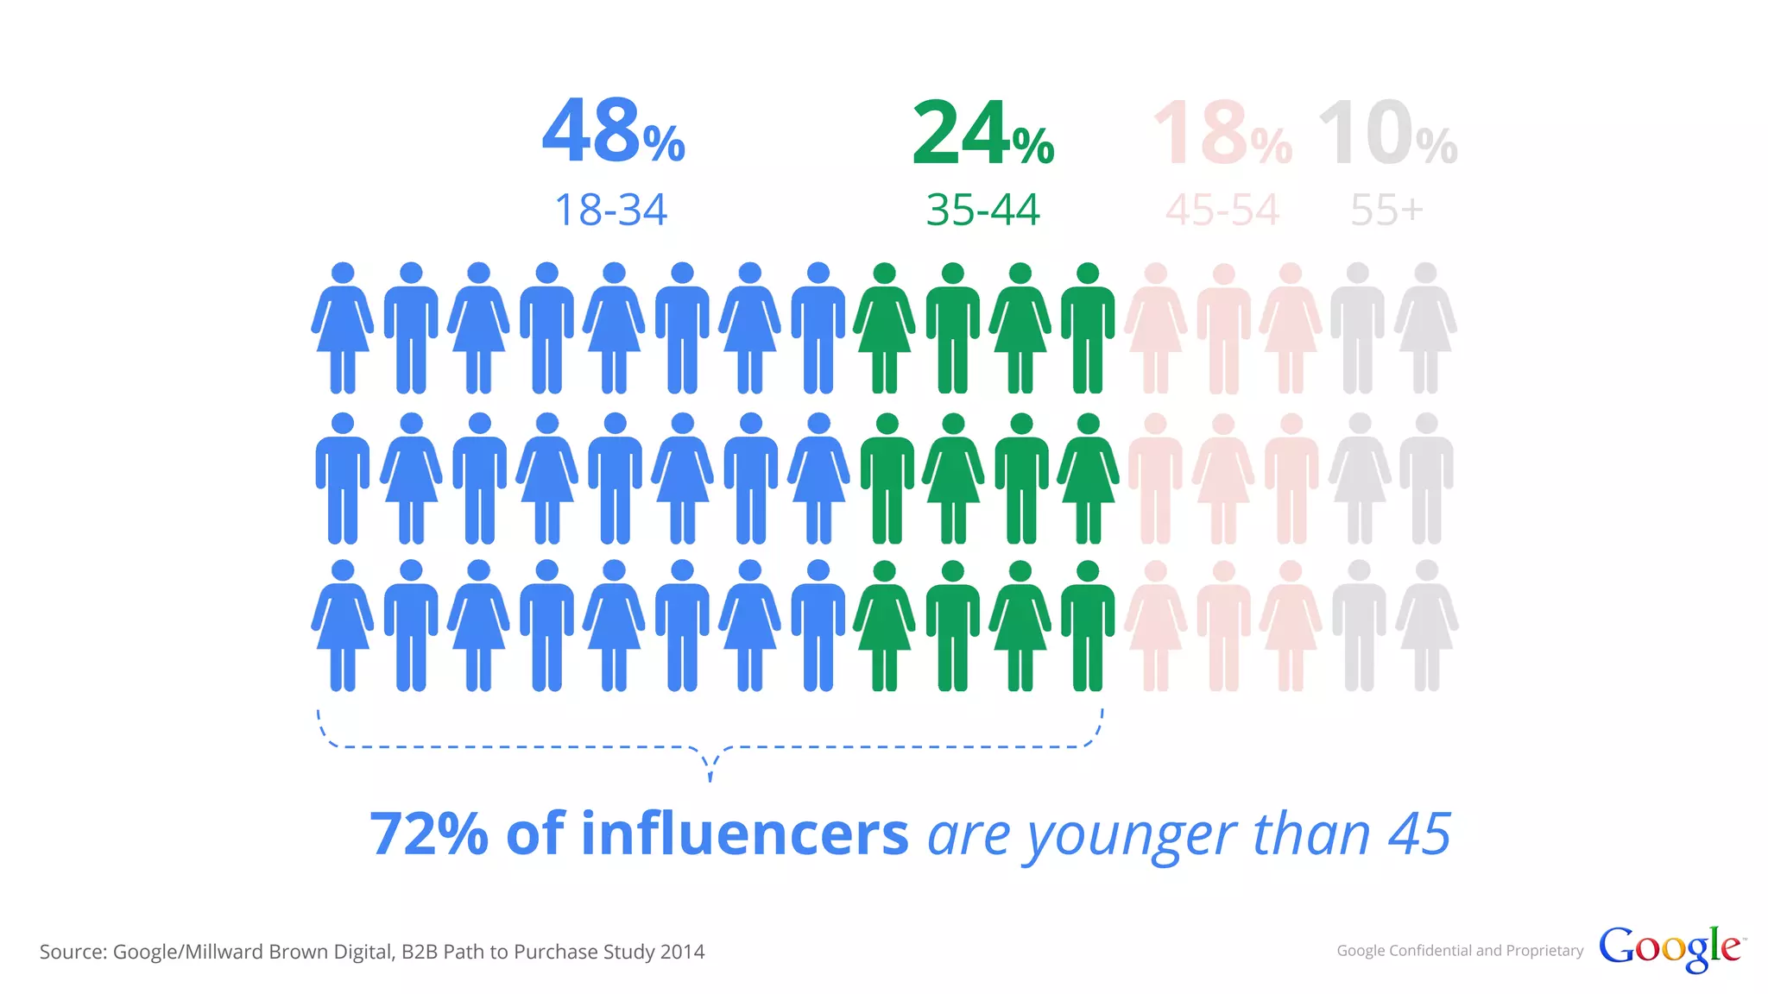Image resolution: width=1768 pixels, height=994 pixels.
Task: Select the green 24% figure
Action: click(x=982, y=134)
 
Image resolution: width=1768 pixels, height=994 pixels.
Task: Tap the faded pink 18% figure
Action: click(x=1222, y=134)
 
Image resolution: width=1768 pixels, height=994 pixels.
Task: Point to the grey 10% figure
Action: click(x=1386, y=134)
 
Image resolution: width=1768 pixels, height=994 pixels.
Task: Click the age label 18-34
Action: click(x=610, y=210)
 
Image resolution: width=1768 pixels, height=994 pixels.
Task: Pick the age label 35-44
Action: click(x=982, y=210)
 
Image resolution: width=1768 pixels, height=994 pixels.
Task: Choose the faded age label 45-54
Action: click(x=1222, y=210)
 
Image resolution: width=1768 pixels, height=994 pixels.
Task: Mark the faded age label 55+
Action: click(x=1386, y=210)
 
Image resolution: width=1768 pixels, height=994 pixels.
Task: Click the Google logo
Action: click(x=1670, y=948)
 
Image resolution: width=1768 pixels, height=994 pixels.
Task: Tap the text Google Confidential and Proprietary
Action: click(x=1460, y=950)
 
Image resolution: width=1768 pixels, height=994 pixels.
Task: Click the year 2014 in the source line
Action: click(x=682, y=952)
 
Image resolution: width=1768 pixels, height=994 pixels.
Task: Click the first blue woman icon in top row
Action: click(x=343, y=328)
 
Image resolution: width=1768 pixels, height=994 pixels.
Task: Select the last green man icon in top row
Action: click(x=1088, y=328)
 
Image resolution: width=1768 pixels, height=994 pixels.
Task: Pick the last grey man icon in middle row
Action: click(x=1426, y=478)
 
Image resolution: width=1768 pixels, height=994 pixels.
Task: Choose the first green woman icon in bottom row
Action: click(x=884, y=626)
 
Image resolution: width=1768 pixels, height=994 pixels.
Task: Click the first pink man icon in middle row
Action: click(x=1155, y=478)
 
